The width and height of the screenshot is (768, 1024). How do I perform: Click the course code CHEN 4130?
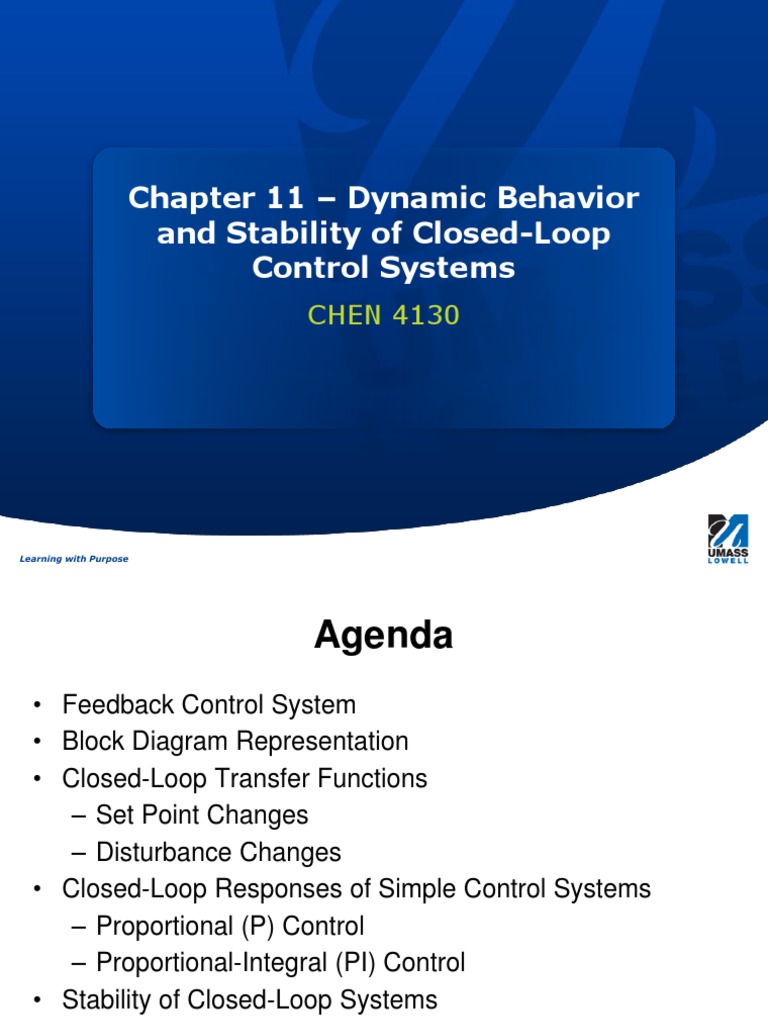click(383, 316)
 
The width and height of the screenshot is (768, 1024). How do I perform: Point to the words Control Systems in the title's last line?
click(383, 268)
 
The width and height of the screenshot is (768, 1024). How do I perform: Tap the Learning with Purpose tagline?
click(74, 559)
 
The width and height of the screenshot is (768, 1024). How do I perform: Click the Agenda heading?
click(384, 635)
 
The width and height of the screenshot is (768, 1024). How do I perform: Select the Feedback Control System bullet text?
click(209, 705)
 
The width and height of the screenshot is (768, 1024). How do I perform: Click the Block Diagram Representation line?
click(235, 742)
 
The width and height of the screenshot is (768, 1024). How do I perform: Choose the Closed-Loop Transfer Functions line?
click(244, 779)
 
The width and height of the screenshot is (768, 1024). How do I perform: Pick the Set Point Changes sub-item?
click(202, 815)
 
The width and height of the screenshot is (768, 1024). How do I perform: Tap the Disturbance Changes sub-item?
click(218, 852)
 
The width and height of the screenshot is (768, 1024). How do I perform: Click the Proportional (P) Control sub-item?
click(230, 926)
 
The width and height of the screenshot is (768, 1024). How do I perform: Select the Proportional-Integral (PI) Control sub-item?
click(280, 963)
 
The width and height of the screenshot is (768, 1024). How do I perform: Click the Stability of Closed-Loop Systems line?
click(249, 1000)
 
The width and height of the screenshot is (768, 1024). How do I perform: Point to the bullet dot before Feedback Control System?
click(37, 706)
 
